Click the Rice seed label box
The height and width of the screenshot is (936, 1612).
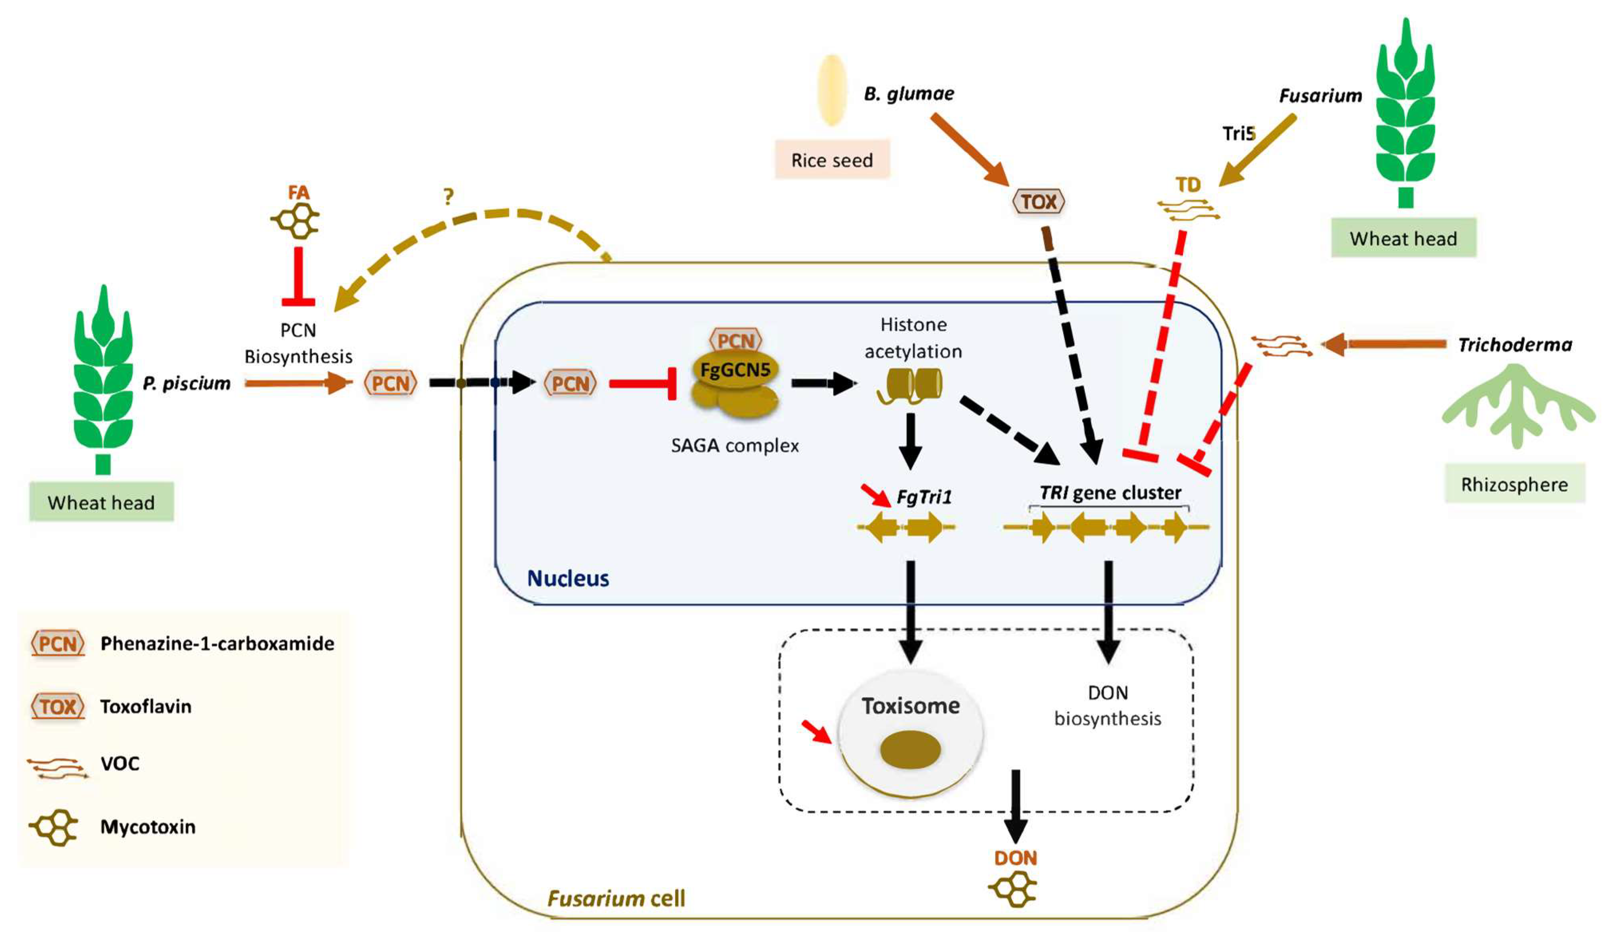tap(832, 160)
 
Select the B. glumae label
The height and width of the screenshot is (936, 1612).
tap(908, 94)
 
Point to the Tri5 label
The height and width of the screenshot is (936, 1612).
tap(1238, 134)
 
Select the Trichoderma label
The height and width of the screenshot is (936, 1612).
tap(1514, 345)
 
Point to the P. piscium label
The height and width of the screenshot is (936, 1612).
tap(186, 384)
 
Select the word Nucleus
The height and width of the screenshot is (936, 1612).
tap(567, 578)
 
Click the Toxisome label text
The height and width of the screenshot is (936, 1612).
tap(910, 706)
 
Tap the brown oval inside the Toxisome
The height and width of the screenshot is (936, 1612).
tap(910, 750)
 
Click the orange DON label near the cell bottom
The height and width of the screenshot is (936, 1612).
tap(1015, 859)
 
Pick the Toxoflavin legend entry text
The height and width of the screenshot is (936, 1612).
tap(146, 706)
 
